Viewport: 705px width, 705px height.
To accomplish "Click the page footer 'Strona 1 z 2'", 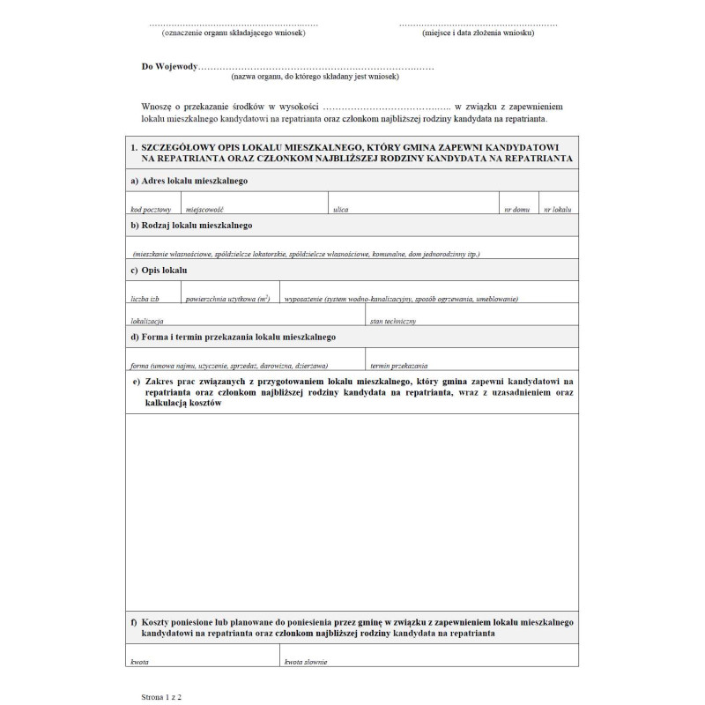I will click(160, 695).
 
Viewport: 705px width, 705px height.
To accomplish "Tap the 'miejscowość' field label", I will click(205, 210).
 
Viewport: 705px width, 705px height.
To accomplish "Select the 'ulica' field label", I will click(341, 210).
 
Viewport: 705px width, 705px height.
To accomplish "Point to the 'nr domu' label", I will click(516, 210).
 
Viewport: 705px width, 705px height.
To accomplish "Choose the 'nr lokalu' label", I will click(558, 210).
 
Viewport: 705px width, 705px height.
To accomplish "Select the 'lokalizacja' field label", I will click(146, 322).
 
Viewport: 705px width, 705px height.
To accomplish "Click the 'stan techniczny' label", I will click(393, 322).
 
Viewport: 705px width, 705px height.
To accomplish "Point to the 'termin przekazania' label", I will click(399, 364).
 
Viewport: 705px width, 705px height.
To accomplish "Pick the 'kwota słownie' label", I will click(306, 660).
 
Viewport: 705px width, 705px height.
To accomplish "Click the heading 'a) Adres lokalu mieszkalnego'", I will click(188, 180).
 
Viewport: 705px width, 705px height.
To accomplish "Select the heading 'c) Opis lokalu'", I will click(158, 270).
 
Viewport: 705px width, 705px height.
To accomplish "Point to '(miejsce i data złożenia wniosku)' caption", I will click(478, 33).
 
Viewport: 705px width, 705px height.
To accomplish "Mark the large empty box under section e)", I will click(352, 511).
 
